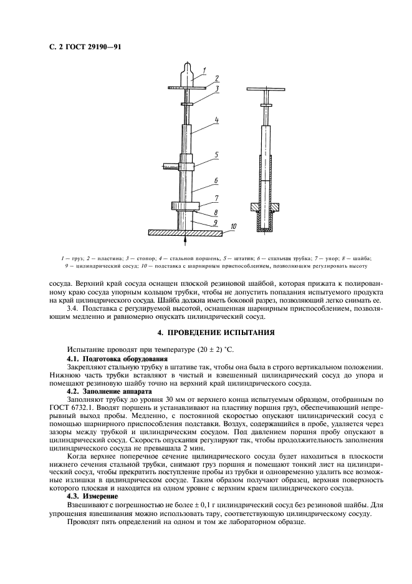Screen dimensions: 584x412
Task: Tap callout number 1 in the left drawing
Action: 213,70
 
